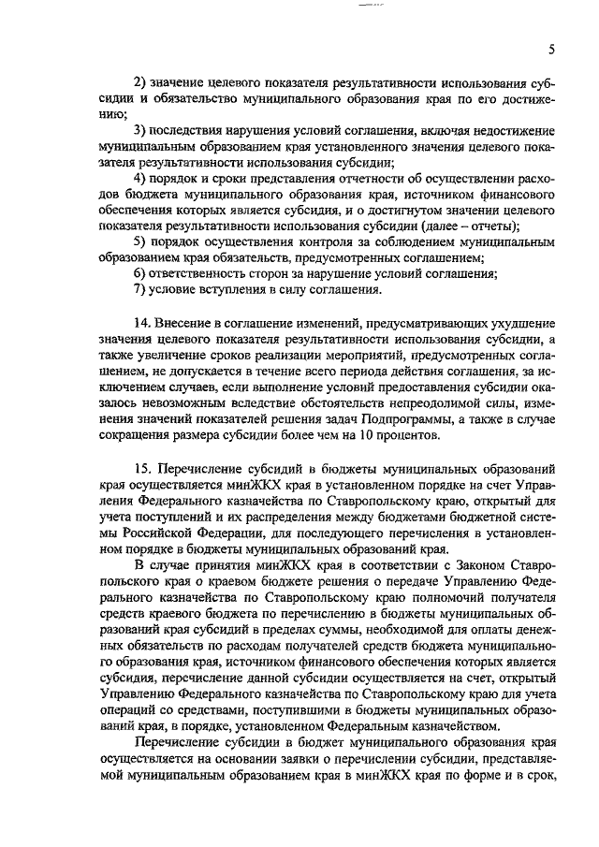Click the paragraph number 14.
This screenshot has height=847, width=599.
[142, 323]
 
